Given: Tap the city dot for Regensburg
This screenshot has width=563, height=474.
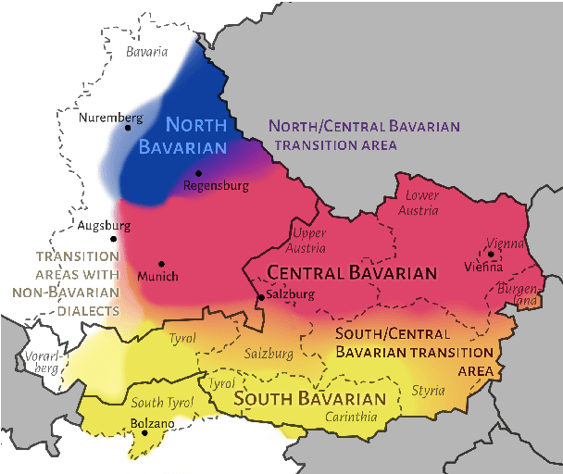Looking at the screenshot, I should (198, 173).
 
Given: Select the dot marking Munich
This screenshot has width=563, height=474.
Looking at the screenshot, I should (161, 264).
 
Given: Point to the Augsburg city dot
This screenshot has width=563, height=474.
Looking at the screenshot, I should (113, 239).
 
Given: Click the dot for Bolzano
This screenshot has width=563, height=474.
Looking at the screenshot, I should (144, 432).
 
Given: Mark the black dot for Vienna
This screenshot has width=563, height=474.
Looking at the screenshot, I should (490, 254).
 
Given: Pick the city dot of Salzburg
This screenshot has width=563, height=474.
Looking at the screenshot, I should (259, 296).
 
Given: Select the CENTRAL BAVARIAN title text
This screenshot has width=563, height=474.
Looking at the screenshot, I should (351, 273).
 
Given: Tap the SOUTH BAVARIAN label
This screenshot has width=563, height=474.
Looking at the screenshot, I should (309, 399).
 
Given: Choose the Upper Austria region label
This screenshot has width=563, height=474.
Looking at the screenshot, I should (309, 240).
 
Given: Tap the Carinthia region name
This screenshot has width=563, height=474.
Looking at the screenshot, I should (351, 418).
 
